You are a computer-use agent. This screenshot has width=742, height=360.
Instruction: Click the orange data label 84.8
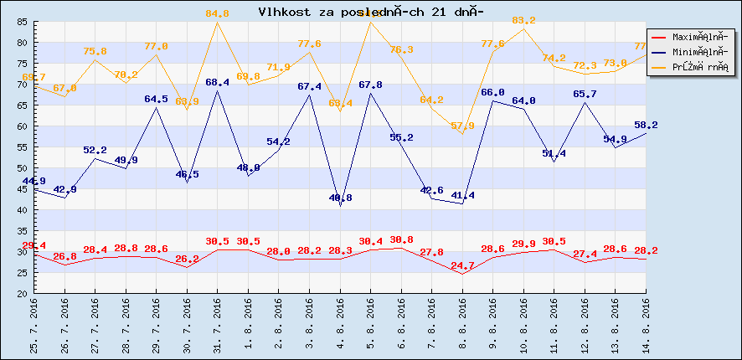pos(217,13)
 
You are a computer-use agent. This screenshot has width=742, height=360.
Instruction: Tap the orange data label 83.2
pos(523,20)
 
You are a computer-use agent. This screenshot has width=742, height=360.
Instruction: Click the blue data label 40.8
pos(340,198)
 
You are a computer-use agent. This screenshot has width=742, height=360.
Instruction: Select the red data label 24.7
pos(462,265)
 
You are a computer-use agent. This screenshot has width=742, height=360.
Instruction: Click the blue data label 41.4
pos(462,195)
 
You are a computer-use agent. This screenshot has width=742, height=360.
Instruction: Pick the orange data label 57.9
pos(462,126)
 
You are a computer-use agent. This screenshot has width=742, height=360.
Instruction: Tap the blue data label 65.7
pos(585,94)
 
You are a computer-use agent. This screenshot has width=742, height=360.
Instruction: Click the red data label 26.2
pos(187,260)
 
